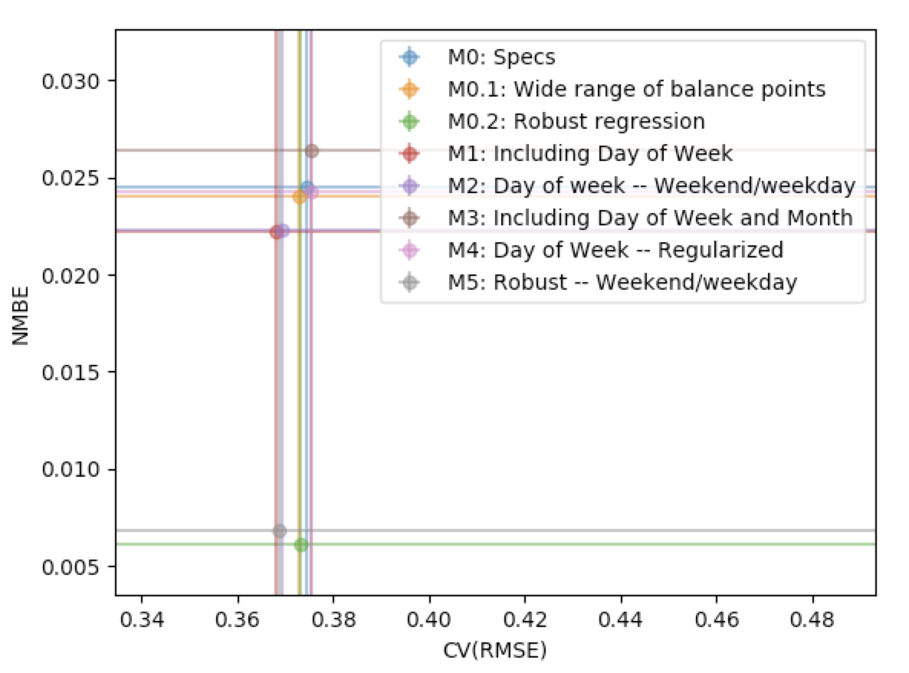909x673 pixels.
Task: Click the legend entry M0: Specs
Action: (501, 57)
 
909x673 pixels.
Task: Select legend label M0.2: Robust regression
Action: (576, 121)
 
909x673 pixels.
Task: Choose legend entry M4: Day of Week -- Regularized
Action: (615, 250)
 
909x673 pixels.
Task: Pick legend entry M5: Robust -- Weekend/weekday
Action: (622, 282)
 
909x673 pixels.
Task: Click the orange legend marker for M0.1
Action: (410, 89)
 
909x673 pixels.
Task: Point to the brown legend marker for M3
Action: (410, 218)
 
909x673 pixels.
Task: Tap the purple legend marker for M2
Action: (410, 185)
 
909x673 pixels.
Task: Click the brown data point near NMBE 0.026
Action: (312, 151)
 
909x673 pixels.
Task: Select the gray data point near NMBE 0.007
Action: (280, 530)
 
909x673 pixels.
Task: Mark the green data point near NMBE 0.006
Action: (301, 545)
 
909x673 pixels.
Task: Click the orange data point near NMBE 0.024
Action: (299, 197)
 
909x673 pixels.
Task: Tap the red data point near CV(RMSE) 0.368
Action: (276, 232)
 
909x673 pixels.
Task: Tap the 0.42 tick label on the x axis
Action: (524, 618)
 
